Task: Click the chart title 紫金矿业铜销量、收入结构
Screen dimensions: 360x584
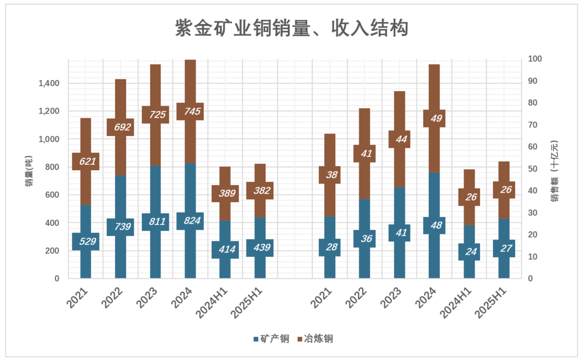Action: [291, 27]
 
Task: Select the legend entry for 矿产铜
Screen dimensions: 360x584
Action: [272, 339]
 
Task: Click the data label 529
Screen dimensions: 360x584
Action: [86, 241]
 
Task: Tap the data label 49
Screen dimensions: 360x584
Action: [434, 119]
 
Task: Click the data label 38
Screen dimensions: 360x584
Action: [331, 175]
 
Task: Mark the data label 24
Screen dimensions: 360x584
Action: [470, 252]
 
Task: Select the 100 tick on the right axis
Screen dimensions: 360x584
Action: [535, 59]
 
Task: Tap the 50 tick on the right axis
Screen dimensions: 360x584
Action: [533, 169]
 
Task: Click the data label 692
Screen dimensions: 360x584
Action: [120, 127]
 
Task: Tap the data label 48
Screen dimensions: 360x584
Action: [434, 226]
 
